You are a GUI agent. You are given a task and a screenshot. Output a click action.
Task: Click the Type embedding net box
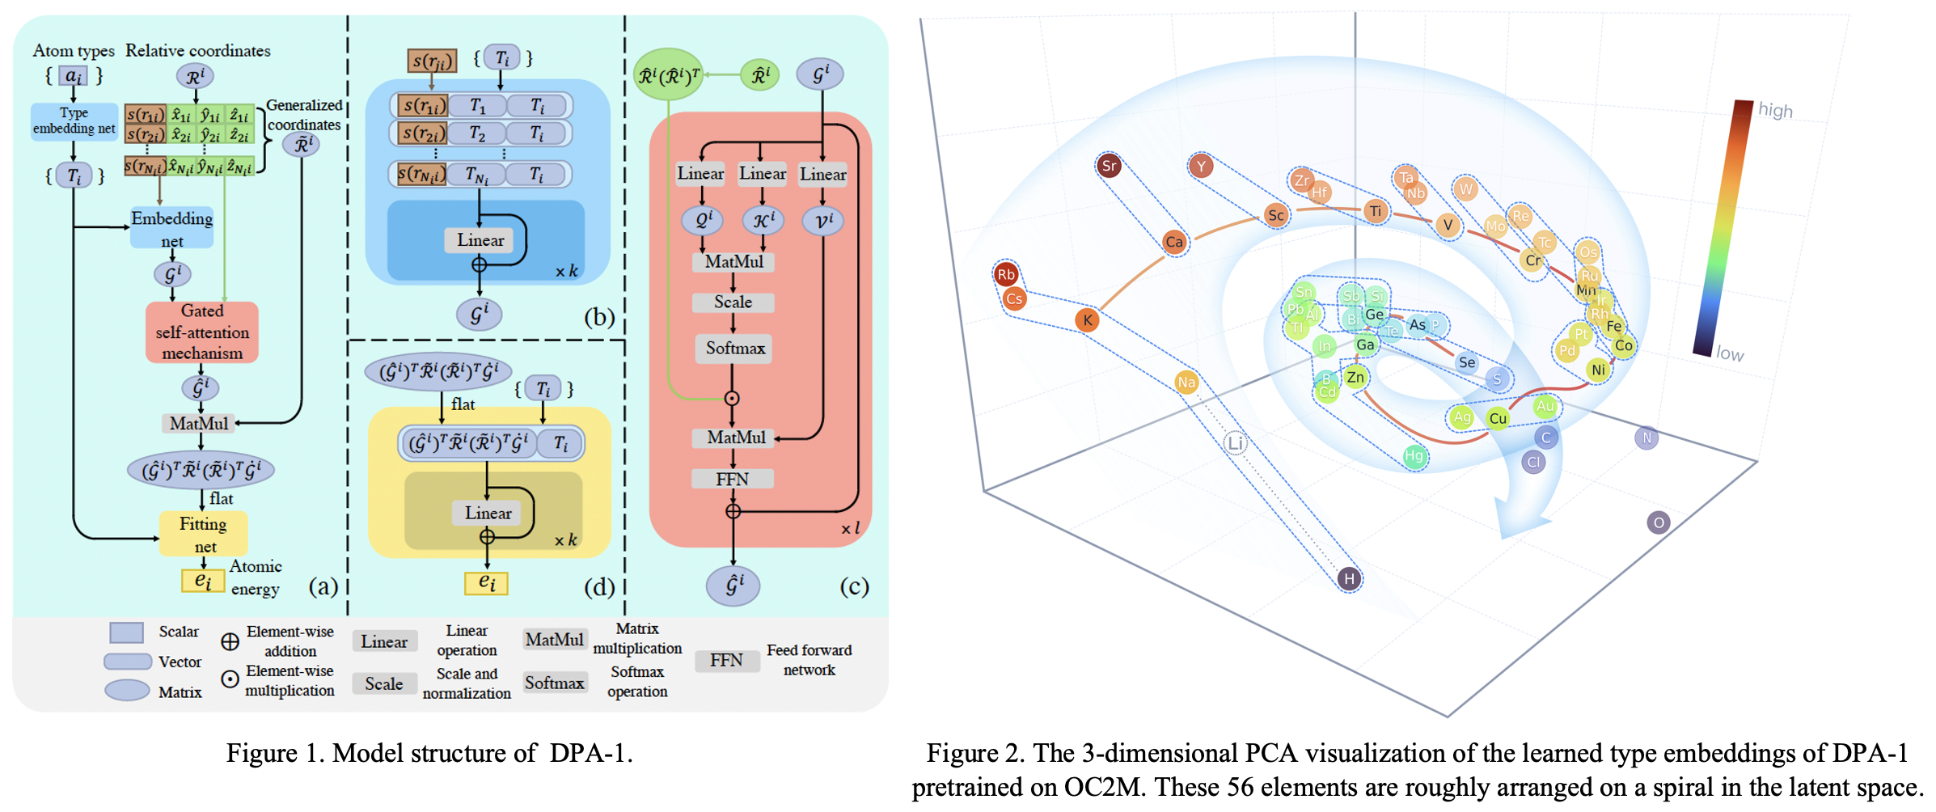(74, 121)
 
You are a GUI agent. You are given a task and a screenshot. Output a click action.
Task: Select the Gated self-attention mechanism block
(201, 332)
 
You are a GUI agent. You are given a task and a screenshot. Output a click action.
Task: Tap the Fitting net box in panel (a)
(203, 534)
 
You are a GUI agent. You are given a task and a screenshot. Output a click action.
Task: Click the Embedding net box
(171, 229)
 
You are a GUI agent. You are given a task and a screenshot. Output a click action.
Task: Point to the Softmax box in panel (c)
(734, 348)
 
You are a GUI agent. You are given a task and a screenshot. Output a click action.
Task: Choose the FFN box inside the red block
(732, 479)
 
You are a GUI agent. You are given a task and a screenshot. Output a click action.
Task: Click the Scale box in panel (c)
(733, 302)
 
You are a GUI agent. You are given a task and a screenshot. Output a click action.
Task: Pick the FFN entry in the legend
(726, 660)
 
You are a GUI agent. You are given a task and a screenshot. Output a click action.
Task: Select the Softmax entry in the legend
(554, 683)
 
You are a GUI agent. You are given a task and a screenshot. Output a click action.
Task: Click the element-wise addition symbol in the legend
(230, 641)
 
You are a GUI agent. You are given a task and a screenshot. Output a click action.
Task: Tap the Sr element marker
(1109, 166)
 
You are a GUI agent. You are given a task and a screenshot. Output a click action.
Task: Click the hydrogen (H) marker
(1348, 578)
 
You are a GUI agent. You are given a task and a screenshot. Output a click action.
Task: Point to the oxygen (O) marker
(1658, 522)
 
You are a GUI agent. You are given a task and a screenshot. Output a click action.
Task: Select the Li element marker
(1235, 442)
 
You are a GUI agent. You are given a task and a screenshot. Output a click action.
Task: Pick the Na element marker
(1186, 382)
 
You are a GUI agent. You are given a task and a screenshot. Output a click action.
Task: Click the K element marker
(1088, 319)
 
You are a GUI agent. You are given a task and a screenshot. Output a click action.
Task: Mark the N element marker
(1646, 438)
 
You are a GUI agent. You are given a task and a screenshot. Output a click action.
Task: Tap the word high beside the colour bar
(1775, 110)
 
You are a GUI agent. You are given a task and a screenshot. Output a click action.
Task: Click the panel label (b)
(599, 316)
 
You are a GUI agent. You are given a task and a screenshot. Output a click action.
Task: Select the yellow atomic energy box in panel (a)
(203, 580)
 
